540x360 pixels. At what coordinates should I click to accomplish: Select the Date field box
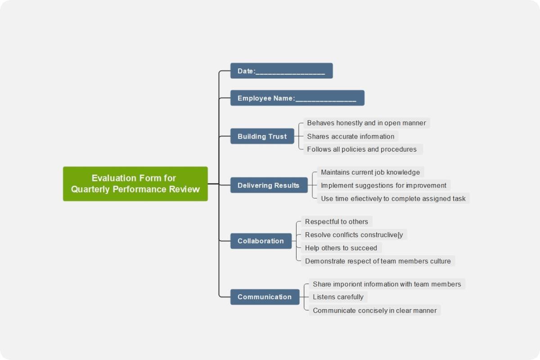281,71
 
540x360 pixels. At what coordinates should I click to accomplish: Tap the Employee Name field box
297,98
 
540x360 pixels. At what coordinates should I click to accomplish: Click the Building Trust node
262,136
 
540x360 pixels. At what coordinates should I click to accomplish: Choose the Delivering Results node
269,185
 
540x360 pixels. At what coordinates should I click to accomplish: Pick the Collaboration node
261,241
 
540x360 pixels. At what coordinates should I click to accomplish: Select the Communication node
265,297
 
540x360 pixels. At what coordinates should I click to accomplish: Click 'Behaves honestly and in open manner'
366,123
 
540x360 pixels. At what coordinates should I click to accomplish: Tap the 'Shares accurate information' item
351,136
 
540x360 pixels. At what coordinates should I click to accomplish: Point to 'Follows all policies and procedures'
362,149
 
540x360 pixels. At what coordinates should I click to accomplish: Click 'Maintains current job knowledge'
370,172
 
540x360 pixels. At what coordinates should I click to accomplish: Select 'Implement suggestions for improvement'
383,185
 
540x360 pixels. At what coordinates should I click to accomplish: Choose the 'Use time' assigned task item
393,198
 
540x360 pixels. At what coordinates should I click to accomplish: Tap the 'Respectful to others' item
337,222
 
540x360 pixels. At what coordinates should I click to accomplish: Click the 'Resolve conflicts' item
354,235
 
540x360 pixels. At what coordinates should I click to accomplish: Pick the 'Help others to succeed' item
341,248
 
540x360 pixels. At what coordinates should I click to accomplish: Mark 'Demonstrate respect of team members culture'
378,261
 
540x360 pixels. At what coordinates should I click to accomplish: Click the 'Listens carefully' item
338,297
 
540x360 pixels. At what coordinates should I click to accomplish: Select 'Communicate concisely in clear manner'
374,310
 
